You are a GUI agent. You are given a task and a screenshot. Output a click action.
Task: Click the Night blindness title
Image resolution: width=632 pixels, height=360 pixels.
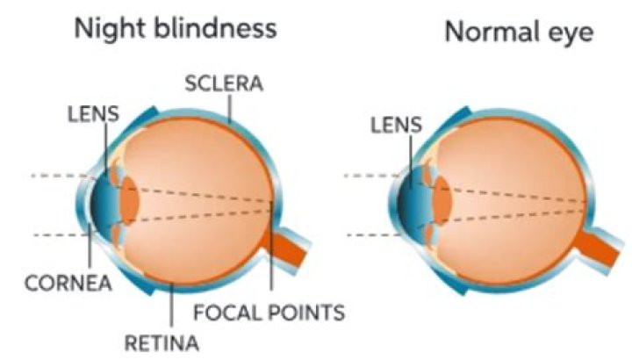pyautogui.click(x=176, y=29)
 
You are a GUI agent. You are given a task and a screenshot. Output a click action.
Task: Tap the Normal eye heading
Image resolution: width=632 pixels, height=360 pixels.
pyautogui.click(x=519, y=32)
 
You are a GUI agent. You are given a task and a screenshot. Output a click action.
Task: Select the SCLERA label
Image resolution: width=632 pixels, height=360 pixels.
pyautogui.click(x=224, y=83)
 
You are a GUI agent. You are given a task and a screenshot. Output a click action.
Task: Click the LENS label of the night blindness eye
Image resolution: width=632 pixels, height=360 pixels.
pyautogui.click(x=93, y=113)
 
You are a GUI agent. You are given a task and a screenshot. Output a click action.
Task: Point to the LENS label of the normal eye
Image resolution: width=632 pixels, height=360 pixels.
pyautogui.click(x=396, y=125)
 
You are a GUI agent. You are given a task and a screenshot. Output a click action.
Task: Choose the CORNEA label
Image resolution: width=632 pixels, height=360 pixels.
pyautogui.click(x=68, y=283)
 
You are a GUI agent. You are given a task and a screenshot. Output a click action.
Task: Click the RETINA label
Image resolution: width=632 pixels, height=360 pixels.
pyautogui.click(x=162, y=343)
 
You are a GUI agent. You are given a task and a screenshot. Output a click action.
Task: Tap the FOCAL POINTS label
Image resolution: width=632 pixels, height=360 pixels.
pyautogui.click(x=269, y=313)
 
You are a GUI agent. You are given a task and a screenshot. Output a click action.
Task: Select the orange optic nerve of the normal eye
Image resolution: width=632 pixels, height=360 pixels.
pyautogui.click(x=595, y=247)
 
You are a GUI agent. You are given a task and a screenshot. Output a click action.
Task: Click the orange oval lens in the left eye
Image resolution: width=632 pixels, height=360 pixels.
pyautogui.click(x=130, y=200)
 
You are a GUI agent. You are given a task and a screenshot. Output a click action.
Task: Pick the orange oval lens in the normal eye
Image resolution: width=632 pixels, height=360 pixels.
pyautogui.click(x=442, y=200)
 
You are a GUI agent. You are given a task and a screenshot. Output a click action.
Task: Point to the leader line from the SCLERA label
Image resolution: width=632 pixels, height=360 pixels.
pyautogui.click(x=229, y=108)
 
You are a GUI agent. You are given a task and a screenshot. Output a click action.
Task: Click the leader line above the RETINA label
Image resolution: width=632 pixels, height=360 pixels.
pyautogui.click(x=172, y=305)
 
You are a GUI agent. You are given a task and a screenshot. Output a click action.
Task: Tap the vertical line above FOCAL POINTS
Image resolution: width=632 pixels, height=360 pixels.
pyautogui.click(x=271, y=246)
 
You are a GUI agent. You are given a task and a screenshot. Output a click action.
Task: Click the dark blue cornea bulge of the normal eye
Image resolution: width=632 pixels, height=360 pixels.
pyautogui.click(x=409, y=202)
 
